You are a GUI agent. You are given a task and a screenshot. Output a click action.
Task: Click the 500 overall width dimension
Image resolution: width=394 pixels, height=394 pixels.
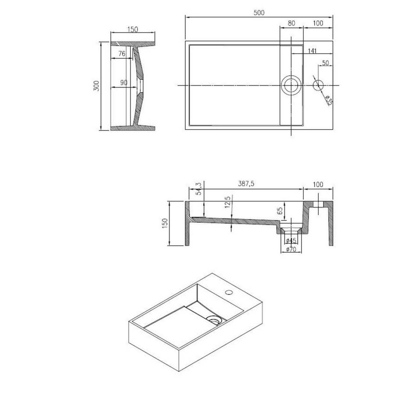(259, 13)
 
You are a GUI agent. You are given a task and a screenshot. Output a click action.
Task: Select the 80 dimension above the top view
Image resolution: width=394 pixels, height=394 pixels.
(291, 23)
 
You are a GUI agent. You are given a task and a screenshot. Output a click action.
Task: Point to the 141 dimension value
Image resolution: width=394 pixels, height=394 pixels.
(312, 51)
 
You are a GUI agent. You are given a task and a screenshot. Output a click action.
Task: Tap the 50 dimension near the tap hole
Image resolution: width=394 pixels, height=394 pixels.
(325, 63)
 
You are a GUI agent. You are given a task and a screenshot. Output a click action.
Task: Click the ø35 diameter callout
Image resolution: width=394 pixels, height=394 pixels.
(328, 101)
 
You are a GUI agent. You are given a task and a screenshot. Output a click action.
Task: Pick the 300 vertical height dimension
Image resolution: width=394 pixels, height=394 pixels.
(97, 86)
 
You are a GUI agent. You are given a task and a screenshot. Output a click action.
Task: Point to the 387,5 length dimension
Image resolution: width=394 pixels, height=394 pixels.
(246, 184)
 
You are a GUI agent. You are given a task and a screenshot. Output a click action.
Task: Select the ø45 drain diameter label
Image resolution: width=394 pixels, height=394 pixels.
(291, 240)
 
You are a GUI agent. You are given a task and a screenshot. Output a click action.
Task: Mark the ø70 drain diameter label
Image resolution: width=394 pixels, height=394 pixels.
(291, 249)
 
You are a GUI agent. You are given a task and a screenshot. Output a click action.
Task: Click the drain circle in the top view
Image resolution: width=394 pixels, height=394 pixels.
(291, 85)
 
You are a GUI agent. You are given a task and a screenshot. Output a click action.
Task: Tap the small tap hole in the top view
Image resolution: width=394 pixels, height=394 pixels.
(318, 84)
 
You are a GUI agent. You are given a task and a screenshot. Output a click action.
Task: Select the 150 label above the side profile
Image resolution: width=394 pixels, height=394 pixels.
(133, 30)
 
